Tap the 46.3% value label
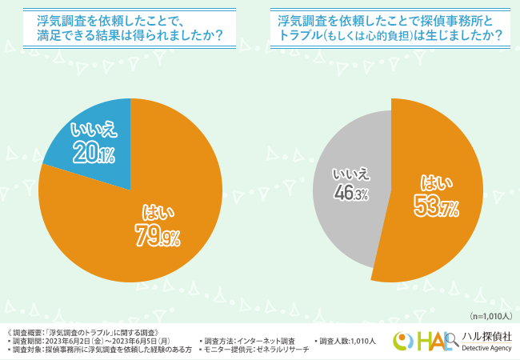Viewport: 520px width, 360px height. [x=350, y=194]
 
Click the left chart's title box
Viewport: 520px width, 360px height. [x=130, y=29]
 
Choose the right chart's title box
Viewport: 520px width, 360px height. [x=390, y=29]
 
